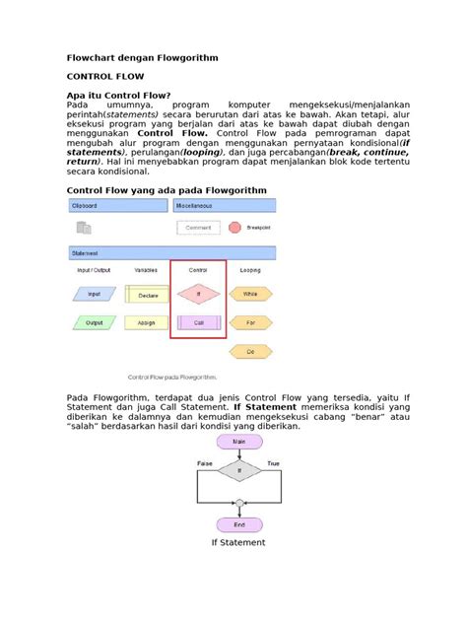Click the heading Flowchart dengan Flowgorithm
coord(141,59)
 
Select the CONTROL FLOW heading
coord(104,76)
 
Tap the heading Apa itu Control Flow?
coord(124,95)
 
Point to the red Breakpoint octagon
coord(234,228)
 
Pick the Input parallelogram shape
coord(94,294)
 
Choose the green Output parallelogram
coord(94,322)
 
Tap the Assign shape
coord(146,322)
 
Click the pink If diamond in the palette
coord(198,294)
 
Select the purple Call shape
coord(198,322)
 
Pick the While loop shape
coord(250,294)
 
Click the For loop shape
coord(250,322)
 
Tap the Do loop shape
coord(250,351)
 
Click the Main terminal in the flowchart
coord(238,443)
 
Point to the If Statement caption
coord(238,542)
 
